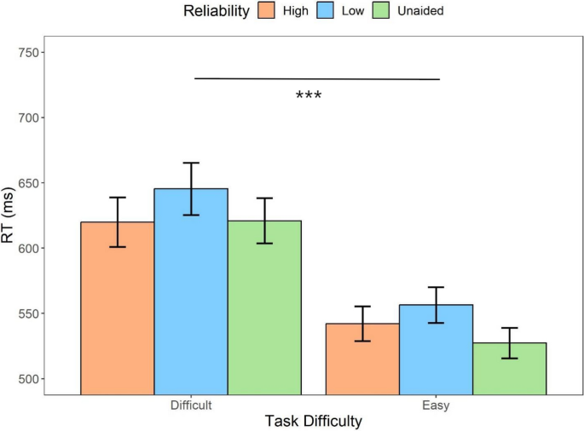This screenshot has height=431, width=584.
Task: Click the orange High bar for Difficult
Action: tap(118, 307)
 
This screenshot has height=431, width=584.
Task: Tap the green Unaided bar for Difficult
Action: tap(264, 307)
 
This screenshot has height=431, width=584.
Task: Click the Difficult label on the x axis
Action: tap(191, 405)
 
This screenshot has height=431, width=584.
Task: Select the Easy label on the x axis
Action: tap(437, 405)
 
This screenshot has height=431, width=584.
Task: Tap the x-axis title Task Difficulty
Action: tap(313, 421)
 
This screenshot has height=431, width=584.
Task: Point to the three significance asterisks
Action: tap(308, 95)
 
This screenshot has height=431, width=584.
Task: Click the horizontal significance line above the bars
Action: tap(317, 79)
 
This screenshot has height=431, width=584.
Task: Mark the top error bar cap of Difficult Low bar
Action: tap(191, 163)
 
